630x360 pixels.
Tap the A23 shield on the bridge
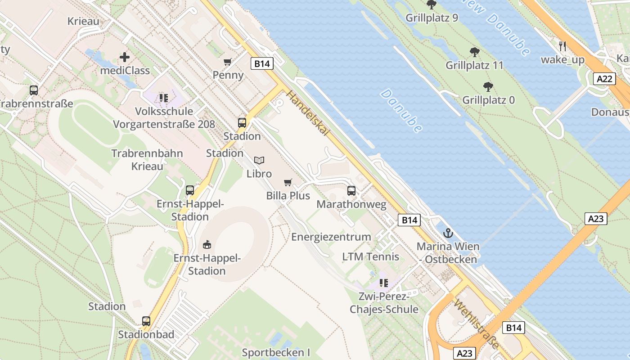(x=596, y=219)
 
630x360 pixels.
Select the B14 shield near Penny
(x=262, y=63)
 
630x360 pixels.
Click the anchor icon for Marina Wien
(x=448, y=233)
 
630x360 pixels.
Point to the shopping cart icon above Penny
(x=228, y=62)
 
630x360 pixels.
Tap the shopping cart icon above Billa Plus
(x=288, y=182)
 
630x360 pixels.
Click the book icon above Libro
(x=259, y=160)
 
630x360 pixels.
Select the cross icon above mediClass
(x=125, y=57)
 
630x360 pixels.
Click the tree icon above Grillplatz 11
(x=474, y=52)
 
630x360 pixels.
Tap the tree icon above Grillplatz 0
(x=488, y=86)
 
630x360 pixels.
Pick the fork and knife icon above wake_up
(x=562, y=46)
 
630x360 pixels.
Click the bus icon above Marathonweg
(x=351, y=191)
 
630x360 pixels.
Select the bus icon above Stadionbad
(x=146, y=321)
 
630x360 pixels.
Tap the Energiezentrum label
(x=331, y=237)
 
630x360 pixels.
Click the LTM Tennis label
(x=370, y=256)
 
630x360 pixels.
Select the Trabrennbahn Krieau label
(x=147, y=160)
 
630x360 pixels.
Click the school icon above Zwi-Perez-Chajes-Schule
(x=383, y=283)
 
